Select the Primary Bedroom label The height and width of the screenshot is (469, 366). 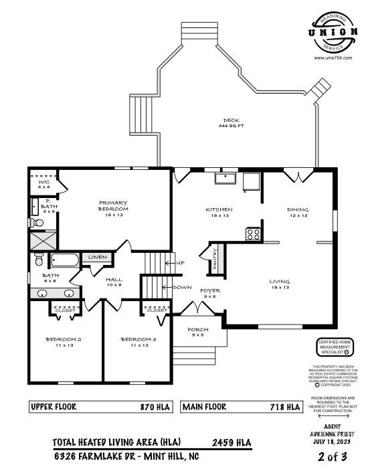pyautogui.click(x=113, y=206)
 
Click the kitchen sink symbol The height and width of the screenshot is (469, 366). pyautogui.click(x=225, y=178)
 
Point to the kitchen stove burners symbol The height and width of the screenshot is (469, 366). pyautogui.click(x=254, y=234)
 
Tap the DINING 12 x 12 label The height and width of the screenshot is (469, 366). pyautogui.click(x=298, y=212)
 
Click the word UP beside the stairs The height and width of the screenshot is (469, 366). pyautogui.click(x=180, y=263)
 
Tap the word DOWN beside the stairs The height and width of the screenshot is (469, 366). pyautogui.click(x=182, y=287)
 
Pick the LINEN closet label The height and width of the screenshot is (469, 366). pyautogui.click(x=97, y=257)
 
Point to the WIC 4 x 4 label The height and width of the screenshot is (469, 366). pyautogui.click(x=44, y=185)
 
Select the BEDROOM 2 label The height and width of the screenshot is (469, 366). pyautogui.click(x=64, y=342)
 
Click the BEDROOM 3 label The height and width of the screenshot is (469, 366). pyautogui.click(x=139, y=342)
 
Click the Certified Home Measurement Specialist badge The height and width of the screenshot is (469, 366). pyautogui.click(x=335, y=350)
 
